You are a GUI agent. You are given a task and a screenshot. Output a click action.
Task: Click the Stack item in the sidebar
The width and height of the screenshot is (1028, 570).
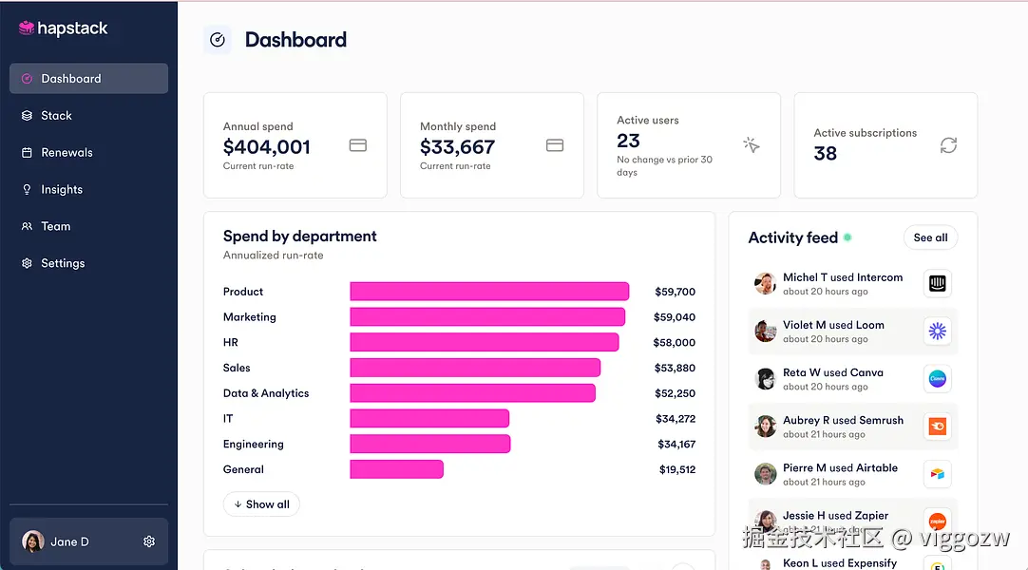coord(56,116)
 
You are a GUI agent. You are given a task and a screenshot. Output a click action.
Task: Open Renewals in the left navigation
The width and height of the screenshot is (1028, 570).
coord(67,153)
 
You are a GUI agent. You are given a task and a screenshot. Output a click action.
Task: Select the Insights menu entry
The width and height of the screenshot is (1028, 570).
coord(62,190)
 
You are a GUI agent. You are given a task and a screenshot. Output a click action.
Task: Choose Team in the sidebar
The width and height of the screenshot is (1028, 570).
coord(55,227)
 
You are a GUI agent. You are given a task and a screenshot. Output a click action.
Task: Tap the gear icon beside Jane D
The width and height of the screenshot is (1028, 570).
coord(149,541)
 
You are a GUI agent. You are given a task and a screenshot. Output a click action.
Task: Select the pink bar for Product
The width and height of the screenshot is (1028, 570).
coord(489,292)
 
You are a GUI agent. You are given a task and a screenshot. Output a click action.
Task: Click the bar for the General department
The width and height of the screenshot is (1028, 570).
coord(396,469)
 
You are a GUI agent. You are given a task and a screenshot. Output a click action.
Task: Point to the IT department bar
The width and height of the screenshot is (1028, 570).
coord(429,419)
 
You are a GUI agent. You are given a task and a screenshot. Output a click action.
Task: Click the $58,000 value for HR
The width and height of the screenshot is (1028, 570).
coord(674,343)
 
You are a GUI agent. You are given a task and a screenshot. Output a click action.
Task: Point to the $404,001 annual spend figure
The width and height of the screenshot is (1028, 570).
coord(267,147)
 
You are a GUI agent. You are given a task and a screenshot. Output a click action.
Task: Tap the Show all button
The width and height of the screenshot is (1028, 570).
coord(261,504)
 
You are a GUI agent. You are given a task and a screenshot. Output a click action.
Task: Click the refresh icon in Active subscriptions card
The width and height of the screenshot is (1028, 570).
coord(948,145)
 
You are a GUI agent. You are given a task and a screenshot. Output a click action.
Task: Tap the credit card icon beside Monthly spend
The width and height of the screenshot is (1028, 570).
coord(555,145)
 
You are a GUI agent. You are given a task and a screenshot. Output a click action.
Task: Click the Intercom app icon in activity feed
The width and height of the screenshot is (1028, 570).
coord(938,283)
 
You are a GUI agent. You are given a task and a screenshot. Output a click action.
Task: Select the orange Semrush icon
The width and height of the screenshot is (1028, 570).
coord(938,427)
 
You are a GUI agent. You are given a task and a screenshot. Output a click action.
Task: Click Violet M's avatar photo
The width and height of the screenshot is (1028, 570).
coord(766,331)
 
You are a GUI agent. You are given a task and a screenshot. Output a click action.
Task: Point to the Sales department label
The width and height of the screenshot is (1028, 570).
coord(237,369)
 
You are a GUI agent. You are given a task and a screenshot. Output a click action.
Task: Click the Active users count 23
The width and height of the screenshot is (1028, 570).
coord(629,141)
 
